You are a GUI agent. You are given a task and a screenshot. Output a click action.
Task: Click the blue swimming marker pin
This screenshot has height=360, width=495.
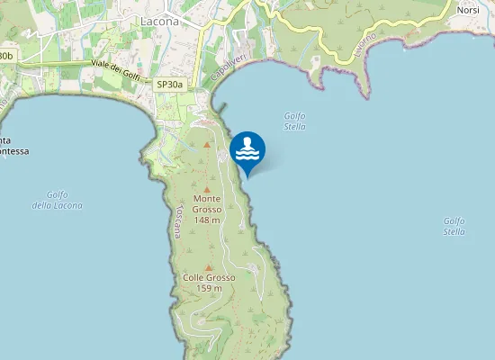click(247, 151)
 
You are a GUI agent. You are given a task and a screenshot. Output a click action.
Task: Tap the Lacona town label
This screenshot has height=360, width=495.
click(160, 20)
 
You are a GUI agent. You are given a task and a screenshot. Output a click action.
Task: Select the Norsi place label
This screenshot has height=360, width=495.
click(468, 10)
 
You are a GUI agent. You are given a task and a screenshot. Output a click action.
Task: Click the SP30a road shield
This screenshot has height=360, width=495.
click(169, 85)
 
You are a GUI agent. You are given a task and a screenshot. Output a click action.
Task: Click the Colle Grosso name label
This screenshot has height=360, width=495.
click(209, 277)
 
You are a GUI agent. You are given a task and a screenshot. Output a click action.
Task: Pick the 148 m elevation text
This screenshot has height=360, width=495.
click(207, 220)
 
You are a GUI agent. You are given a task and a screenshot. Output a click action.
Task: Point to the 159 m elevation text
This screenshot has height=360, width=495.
click(209, 288)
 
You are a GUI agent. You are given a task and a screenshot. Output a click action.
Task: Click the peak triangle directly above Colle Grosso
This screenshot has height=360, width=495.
click(209, 266)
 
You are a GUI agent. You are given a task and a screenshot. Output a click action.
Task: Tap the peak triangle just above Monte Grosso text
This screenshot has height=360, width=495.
click(207, 188)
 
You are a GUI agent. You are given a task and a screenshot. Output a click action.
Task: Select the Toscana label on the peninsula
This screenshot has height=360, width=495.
click(179, 220)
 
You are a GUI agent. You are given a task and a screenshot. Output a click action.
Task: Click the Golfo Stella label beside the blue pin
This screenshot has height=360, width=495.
click(294, 121)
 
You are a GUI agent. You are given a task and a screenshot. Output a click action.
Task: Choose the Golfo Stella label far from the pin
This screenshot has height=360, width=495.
click(454, 226)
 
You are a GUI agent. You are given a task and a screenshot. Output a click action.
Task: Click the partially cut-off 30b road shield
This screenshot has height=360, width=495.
click(6, 56)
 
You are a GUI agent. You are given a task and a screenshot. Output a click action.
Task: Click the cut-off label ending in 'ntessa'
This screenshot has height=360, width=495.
click(13, 146)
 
